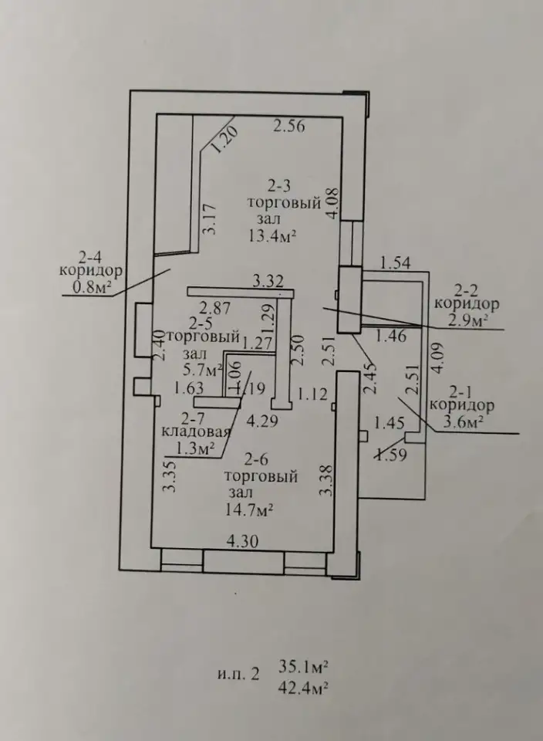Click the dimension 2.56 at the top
289,126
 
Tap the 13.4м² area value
272,235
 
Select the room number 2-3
279,187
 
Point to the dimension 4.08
333,203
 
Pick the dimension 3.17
209,218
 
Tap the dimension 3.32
268,283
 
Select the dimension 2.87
215,308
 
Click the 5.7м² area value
199,370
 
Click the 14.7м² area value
250,510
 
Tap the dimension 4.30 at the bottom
243,541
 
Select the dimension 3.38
325,480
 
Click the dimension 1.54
395,263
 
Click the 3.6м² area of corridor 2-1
462,421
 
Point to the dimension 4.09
437,359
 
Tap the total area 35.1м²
303,667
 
